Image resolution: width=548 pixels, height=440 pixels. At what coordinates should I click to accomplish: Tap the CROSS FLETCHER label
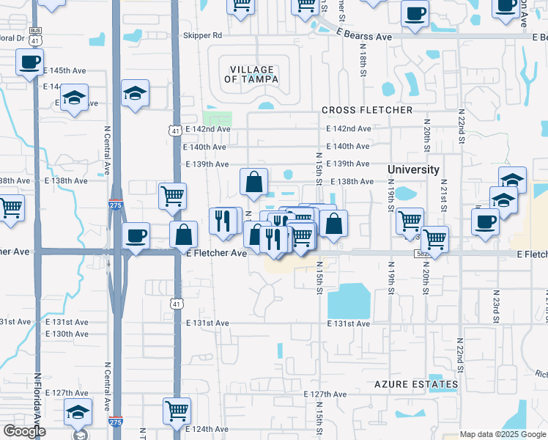(367, 111)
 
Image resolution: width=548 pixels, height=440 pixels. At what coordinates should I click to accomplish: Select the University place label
(413, 169)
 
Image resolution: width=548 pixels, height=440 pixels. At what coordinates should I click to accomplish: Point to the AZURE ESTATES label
(416, 384)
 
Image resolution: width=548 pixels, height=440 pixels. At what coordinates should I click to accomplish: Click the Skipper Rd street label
(204, 35)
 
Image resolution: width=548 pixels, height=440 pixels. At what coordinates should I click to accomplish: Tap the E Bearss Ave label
(365, 36)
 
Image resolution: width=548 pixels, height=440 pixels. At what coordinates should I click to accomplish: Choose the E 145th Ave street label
(65, 70)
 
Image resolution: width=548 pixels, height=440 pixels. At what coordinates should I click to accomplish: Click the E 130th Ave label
(67, 334)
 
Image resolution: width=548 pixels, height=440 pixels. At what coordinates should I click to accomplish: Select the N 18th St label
(363, 59)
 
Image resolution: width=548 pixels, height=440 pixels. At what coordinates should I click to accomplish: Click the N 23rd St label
(495, 305)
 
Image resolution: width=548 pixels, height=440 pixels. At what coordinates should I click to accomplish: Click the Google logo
(24, 431)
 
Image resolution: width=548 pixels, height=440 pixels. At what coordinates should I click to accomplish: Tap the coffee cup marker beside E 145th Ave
(29, 62)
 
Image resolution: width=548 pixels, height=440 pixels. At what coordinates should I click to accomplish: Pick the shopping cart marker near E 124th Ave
(177, 411)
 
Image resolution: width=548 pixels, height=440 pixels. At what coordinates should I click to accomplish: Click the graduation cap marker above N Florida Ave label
(77, 411)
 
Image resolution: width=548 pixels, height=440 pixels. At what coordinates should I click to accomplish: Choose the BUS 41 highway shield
(35, 34)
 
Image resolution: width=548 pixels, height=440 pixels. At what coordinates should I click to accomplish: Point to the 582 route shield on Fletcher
(422, 254)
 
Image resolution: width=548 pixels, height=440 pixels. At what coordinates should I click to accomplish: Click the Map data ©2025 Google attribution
(503, 434)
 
